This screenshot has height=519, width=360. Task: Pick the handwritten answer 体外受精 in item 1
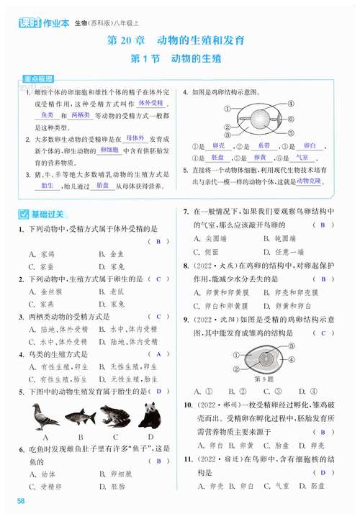(x=151, y=104)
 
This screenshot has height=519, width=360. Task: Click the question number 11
(x=187, y=458)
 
